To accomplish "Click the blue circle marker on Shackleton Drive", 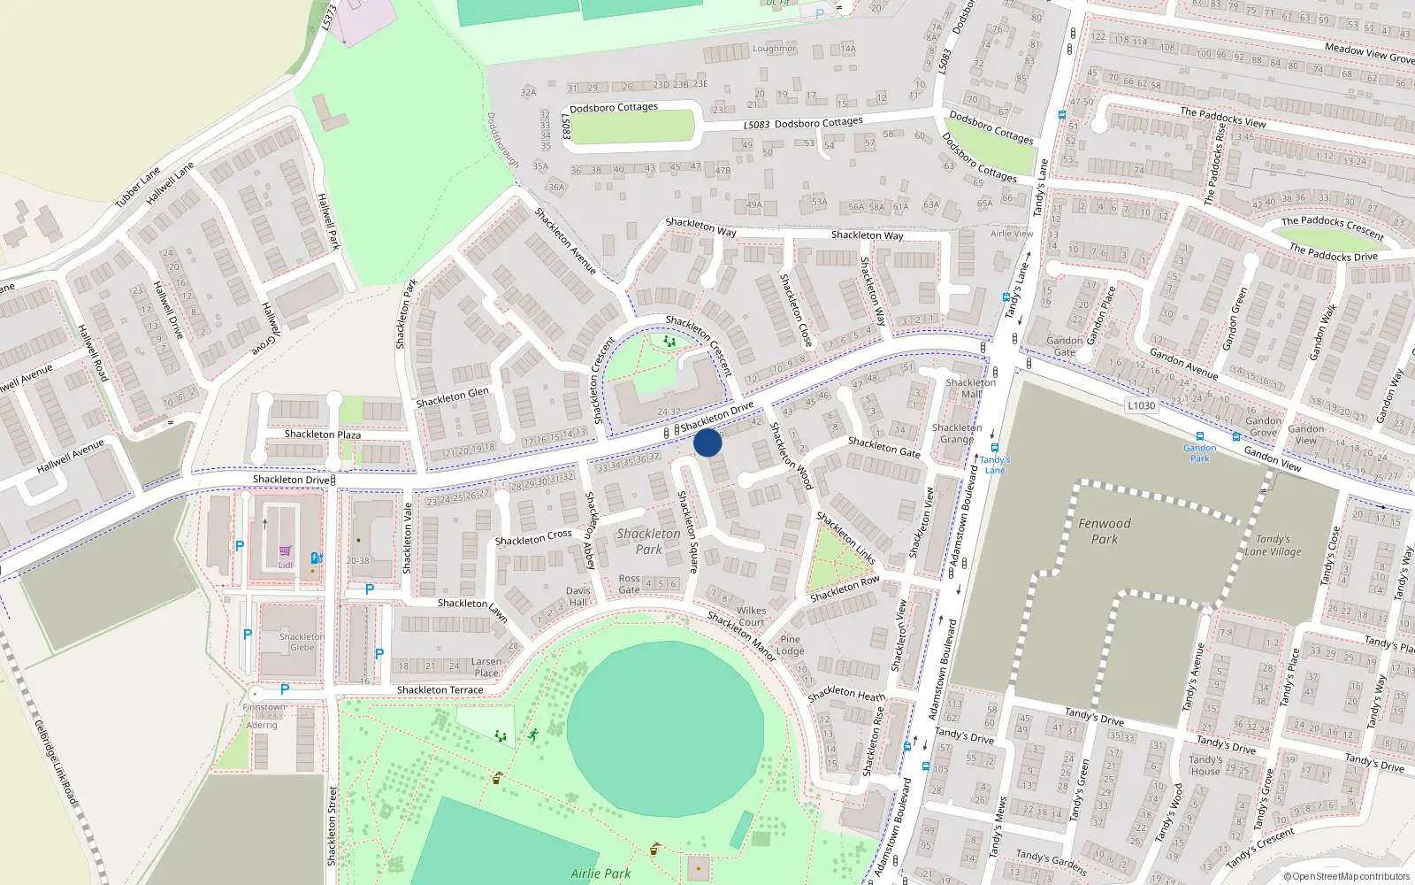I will pyautogui.click(x=707, y=442).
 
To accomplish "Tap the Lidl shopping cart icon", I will pyautogui.click(x=285, y=550).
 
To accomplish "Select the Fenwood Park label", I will pyautogui.click(x=1105, y=531).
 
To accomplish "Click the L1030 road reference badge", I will pyautogui.click(x=1142, y=405).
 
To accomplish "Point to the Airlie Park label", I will pyautogui.click(x=600, y=873).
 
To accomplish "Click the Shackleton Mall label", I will pyautogui.click(x=970, y=388).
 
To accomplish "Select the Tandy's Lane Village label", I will pyautogui.click(x=1273, y=545).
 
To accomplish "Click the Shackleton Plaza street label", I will pyautogui.click(x=322, y=435).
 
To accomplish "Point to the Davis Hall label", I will pyautogui.click(x=577, y=596).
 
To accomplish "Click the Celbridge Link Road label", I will pyautogui.click(x=57, y=763).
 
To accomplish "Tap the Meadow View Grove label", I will pyautogui.click(x=1369, y=53).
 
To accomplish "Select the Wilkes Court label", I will pyautogui.click(x=751, y=616).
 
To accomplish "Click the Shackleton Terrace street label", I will pyautogui.click(x=440, y=690).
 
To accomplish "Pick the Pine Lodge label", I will pyautogui.click(x=790, y=645).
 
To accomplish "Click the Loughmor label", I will pyautogui.click(x=774, y=49).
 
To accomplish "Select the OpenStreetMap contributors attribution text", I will pyautogui.click(x=1347, y=877).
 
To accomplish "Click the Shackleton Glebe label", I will pyautogui.click(x=302, y=642).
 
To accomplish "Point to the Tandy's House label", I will pyautogui.click(x=1205, y=766).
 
